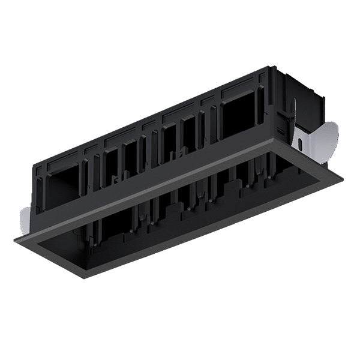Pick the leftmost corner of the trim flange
(14, 239)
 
